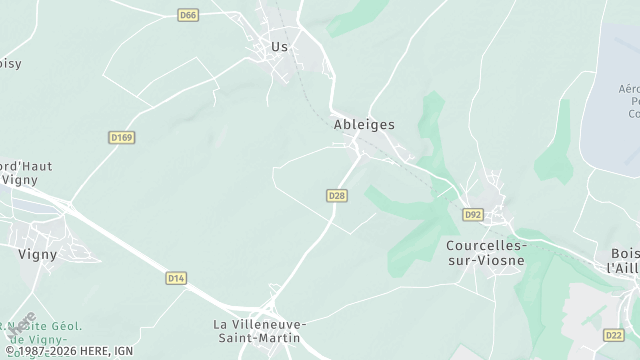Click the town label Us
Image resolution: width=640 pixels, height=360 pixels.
tap(279, 46)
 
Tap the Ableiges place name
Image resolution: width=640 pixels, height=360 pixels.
tap(364, 125)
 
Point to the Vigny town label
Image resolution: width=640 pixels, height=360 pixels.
tap(37, 254)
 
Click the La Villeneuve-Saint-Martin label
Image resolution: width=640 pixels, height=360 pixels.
tap(260, 331)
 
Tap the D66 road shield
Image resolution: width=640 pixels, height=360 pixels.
tap(188, 15)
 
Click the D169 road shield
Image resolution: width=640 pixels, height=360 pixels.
tap(121, 137)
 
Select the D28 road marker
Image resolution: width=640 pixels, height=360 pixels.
tap(336, 196)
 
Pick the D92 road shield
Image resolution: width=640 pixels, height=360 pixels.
tap(473, 214)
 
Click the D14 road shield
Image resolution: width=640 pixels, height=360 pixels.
tap(176, 277)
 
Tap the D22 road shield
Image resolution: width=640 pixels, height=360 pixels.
tap(614, 335)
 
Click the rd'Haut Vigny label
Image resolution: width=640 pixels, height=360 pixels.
tap(26, 173)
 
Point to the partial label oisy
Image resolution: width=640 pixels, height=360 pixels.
tap(10, 63)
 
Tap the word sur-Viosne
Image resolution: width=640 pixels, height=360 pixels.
tap(484, 260)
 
